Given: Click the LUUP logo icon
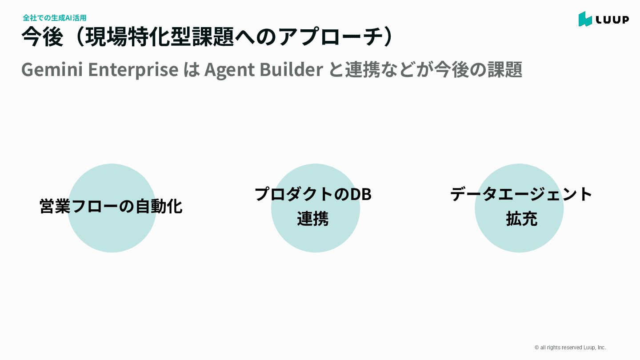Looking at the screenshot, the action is pyautogui.click(x=585, y=19).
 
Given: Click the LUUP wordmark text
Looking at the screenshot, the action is pyautogui.click(x=612, y=20).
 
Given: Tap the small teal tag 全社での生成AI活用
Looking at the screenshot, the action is pyautogui.click(x=54, y=18).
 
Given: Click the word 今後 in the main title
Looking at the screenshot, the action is pyautogui.click(x=42, y=37).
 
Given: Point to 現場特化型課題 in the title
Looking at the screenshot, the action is pyautogui.click(x=160, y=37).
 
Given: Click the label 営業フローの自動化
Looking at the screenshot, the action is pyautogui.click(x=111, y=206).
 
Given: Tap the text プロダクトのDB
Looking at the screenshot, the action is pyautogui.click(x=313, y=194).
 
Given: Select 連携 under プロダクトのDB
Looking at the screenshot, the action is pyautogui.click(x=313, y=219).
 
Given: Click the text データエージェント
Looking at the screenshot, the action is pyautogui.click(x=521, y=194).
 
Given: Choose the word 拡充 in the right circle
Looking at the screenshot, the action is pyautogui.click(x=521, y=219).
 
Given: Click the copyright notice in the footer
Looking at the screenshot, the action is pyautogui.click(x=570, y=348).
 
